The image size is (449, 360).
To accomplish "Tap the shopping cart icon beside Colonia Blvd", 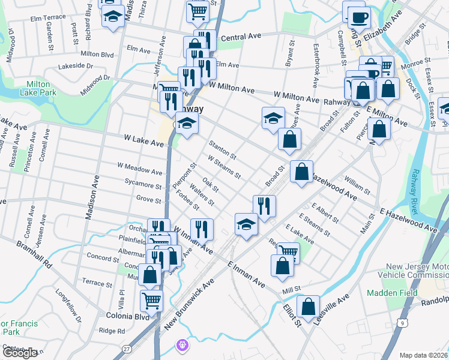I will click(151, 299).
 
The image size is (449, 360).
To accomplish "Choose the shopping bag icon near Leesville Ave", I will click(308, 306).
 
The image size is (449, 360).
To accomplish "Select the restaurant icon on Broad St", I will click(264, 206).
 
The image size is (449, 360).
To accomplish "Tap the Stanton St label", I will click(222, 150).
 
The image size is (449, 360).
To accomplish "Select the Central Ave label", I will click(241, 37).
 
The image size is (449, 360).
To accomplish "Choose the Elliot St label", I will click(292, 314).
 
